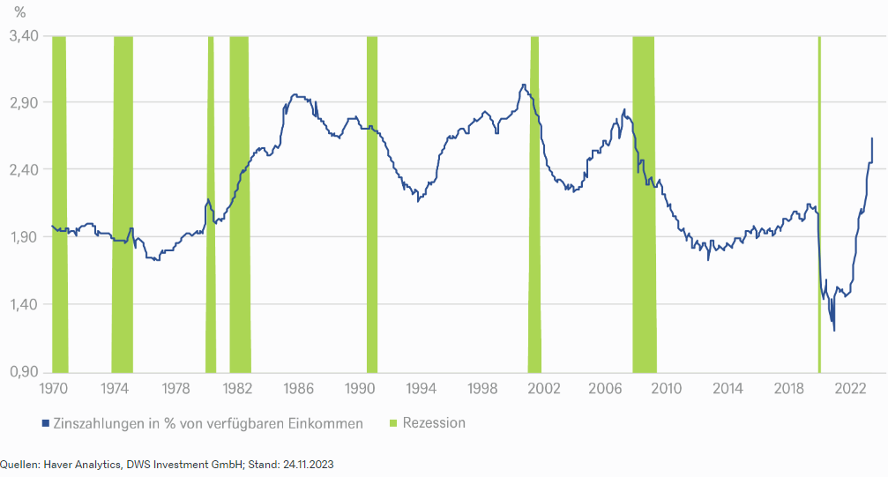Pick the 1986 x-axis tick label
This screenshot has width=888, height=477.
pyautogui.click(x=299, y=388)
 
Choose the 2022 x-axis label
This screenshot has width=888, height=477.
pyautogui.click(x=852, y=388)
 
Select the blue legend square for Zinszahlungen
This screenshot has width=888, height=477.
pyautogui.click(x=45, y=423)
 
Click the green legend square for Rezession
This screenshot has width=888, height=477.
pyautogui.click(x=392, y=423)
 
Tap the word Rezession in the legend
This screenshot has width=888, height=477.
pyautogui.click(x=434, y=423)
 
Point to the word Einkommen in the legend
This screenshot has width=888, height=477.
pyautogui.click(x=326, y=423)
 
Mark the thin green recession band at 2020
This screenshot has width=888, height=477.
pyautogui.click(x=819, y=203)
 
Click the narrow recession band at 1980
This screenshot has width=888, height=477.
pyautogui.click(x=211, y=203)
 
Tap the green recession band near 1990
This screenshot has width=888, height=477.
pyautogui.click(x=372, y=203)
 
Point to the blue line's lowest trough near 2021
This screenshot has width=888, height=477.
pyautogui.click(x=834, y=331)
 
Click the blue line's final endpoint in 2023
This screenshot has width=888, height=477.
pyautogui.click(x=872, y=138)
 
